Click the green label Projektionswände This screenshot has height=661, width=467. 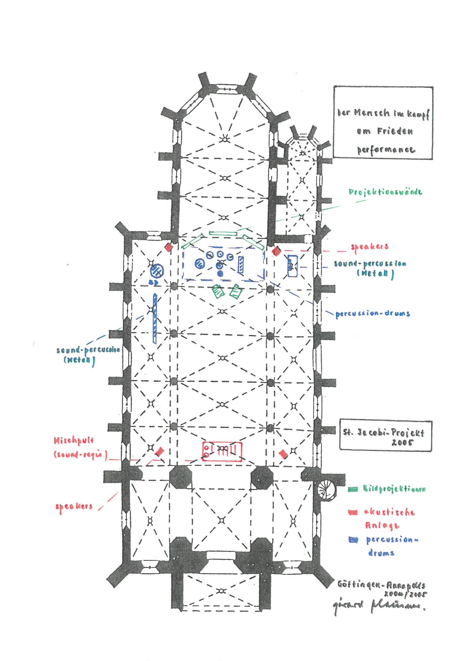coord(386,192)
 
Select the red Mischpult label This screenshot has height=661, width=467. coord(74,441)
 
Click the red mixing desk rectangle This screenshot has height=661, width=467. coord(222,451)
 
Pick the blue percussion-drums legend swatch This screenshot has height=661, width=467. coord(353,540)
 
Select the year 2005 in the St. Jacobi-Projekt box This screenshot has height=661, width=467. coord(403,443)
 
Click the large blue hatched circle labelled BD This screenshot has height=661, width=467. coord(157,271)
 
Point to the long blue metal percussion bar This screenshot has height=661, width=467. coord(155,318)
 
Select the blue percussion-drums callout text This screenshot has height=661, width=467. coord(373,313)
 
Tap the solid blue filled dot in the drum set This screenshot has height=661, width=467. coord(220,273)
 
